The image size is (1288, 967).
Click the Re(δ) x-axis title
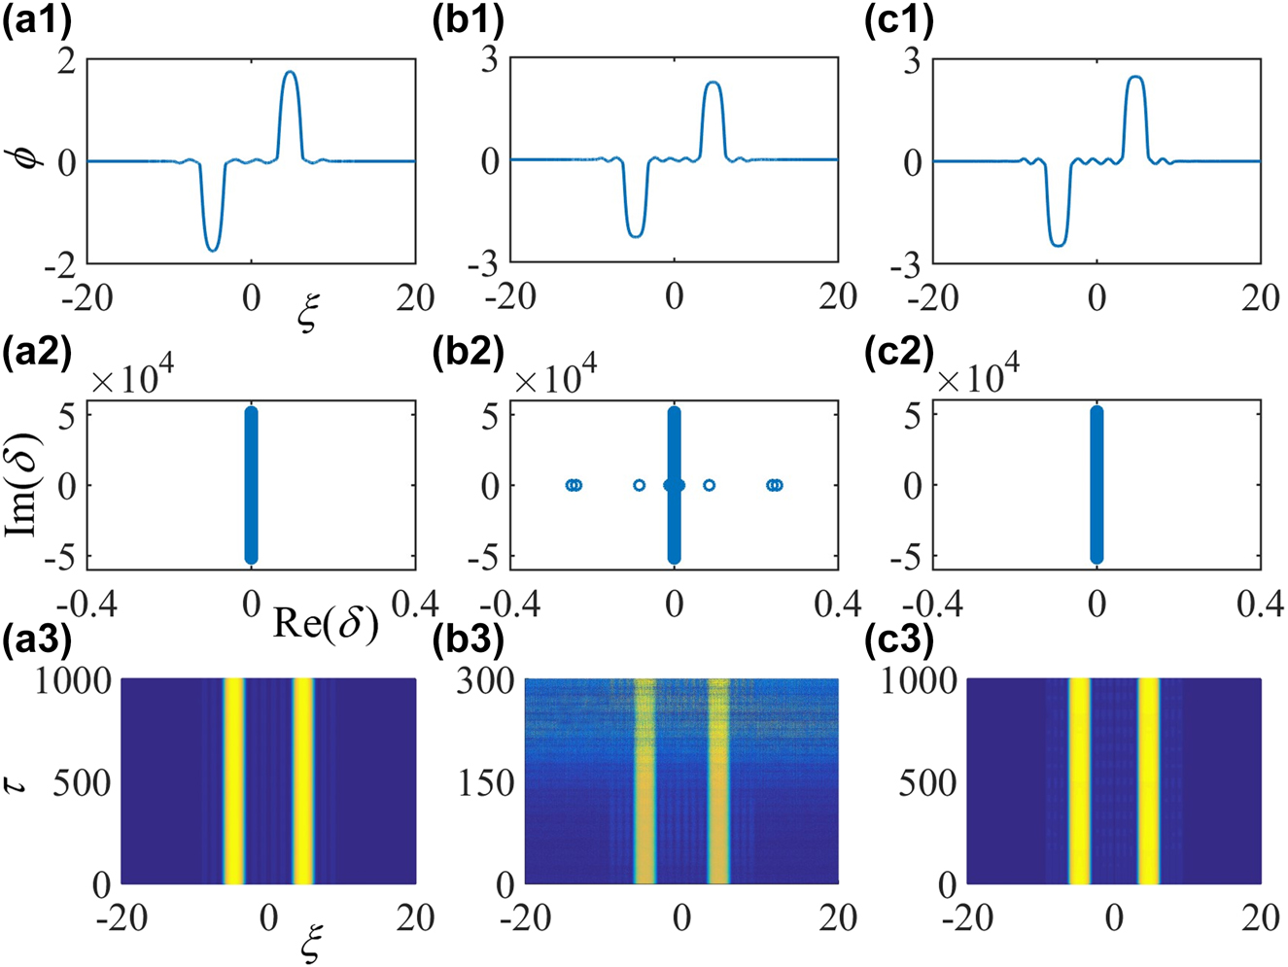point(326,623)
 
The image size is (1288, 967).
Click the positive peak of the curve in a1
point(290,73)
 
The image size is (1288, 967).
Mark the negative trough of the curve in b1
point(635,235)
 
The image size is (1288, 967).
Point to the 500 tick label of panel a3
point(82,782)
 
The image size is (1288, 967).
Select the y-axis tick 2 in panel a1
point(66,60)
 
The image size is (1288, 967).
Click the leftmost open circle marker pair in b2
point(574,485)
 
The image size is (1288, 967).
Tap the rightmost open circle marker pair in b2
point(774,485)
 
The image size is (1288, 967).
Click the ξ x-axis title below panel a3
point(311,944)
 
